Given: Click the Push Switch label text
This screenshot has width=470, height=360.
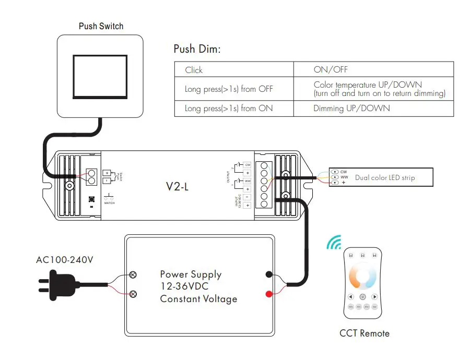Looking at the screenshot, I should [101, 26].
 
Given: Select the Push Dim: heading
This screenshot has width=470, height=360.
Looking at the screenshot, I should [197, 50].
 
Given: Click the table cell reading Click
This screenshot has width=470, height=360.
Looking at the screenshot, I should [194, 70].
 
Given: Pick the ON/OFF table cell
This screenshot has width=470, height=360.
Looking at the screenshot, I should [330, 69].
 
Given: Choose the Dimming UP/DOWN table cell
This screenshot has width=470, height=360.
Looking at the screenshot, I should [351, 109].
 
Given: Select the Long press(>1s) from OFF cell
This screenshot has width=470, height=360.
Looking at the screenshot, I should [229, 89].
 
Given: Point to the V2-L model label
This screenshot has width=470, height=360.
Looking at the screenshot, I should [178, 186].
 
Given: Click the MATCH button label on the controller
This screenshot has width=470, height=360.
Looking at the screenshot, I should [109, 202].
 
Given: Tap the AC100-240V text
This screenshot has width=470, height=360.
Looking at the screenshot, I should [65, 260].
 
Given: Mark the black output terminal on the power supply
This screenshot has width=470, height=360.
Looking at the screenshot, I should [268, 274].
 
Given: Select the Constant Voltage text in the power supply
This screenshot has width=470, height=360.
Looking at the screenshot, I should [198, 299].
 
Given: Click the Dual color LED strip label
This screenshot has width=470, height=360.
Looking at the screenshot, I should [385, 178].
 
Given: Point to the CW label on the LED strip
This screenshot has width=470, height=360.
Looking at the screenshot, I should [344, 172].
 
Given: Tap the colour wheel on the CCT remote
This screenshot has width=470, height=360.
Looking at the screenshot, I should [363, 277].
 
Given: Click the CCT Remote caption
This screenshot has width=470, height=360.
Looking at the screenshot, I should [364, 333].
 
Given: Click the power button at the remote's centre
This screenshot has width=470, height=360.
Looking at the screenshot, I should [363, 296].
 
